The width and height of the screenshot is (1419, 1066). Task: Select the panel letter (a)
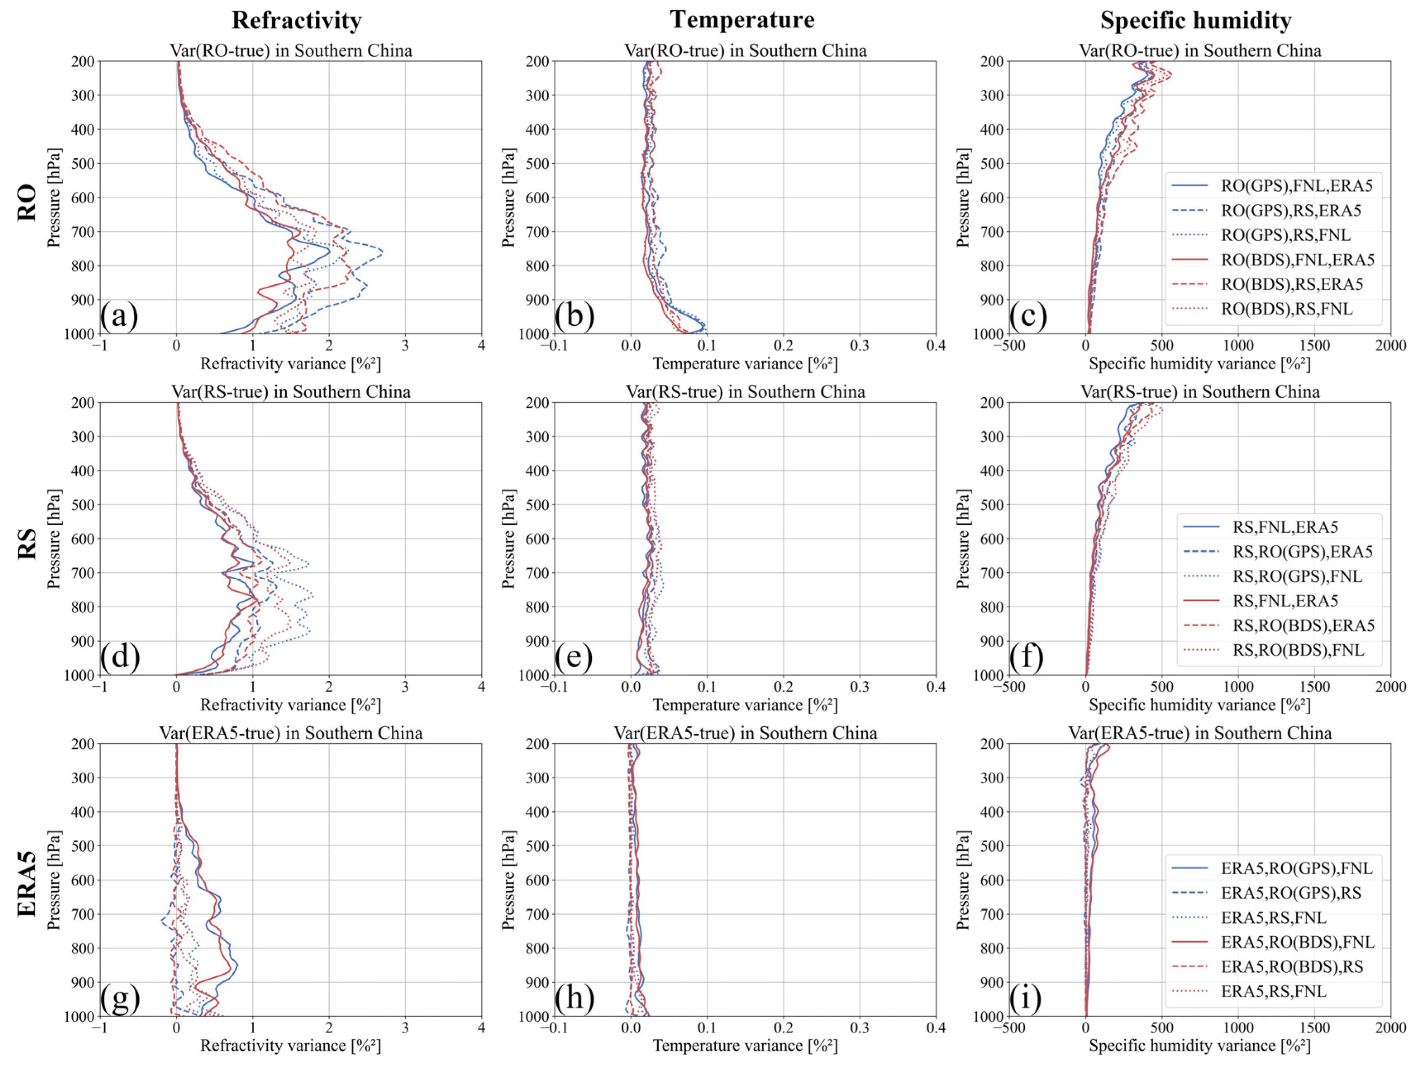(119, 316)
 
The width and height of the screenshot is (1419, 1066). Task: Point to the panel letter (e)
(574, 657)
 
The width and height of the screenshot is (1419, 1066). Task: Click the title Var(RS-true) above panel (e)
(745, 392)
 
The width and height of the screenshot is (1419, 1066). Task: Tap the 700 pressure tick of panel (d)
(82, 573)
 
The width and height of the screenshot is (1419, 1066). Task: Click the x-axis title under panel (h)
(745, 1045)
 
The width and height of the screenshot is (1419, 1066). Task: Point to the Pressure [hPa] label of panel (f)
(962, 539)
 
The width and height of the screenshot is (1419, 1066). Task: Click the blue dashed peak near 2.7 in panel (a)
(382, 252)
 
